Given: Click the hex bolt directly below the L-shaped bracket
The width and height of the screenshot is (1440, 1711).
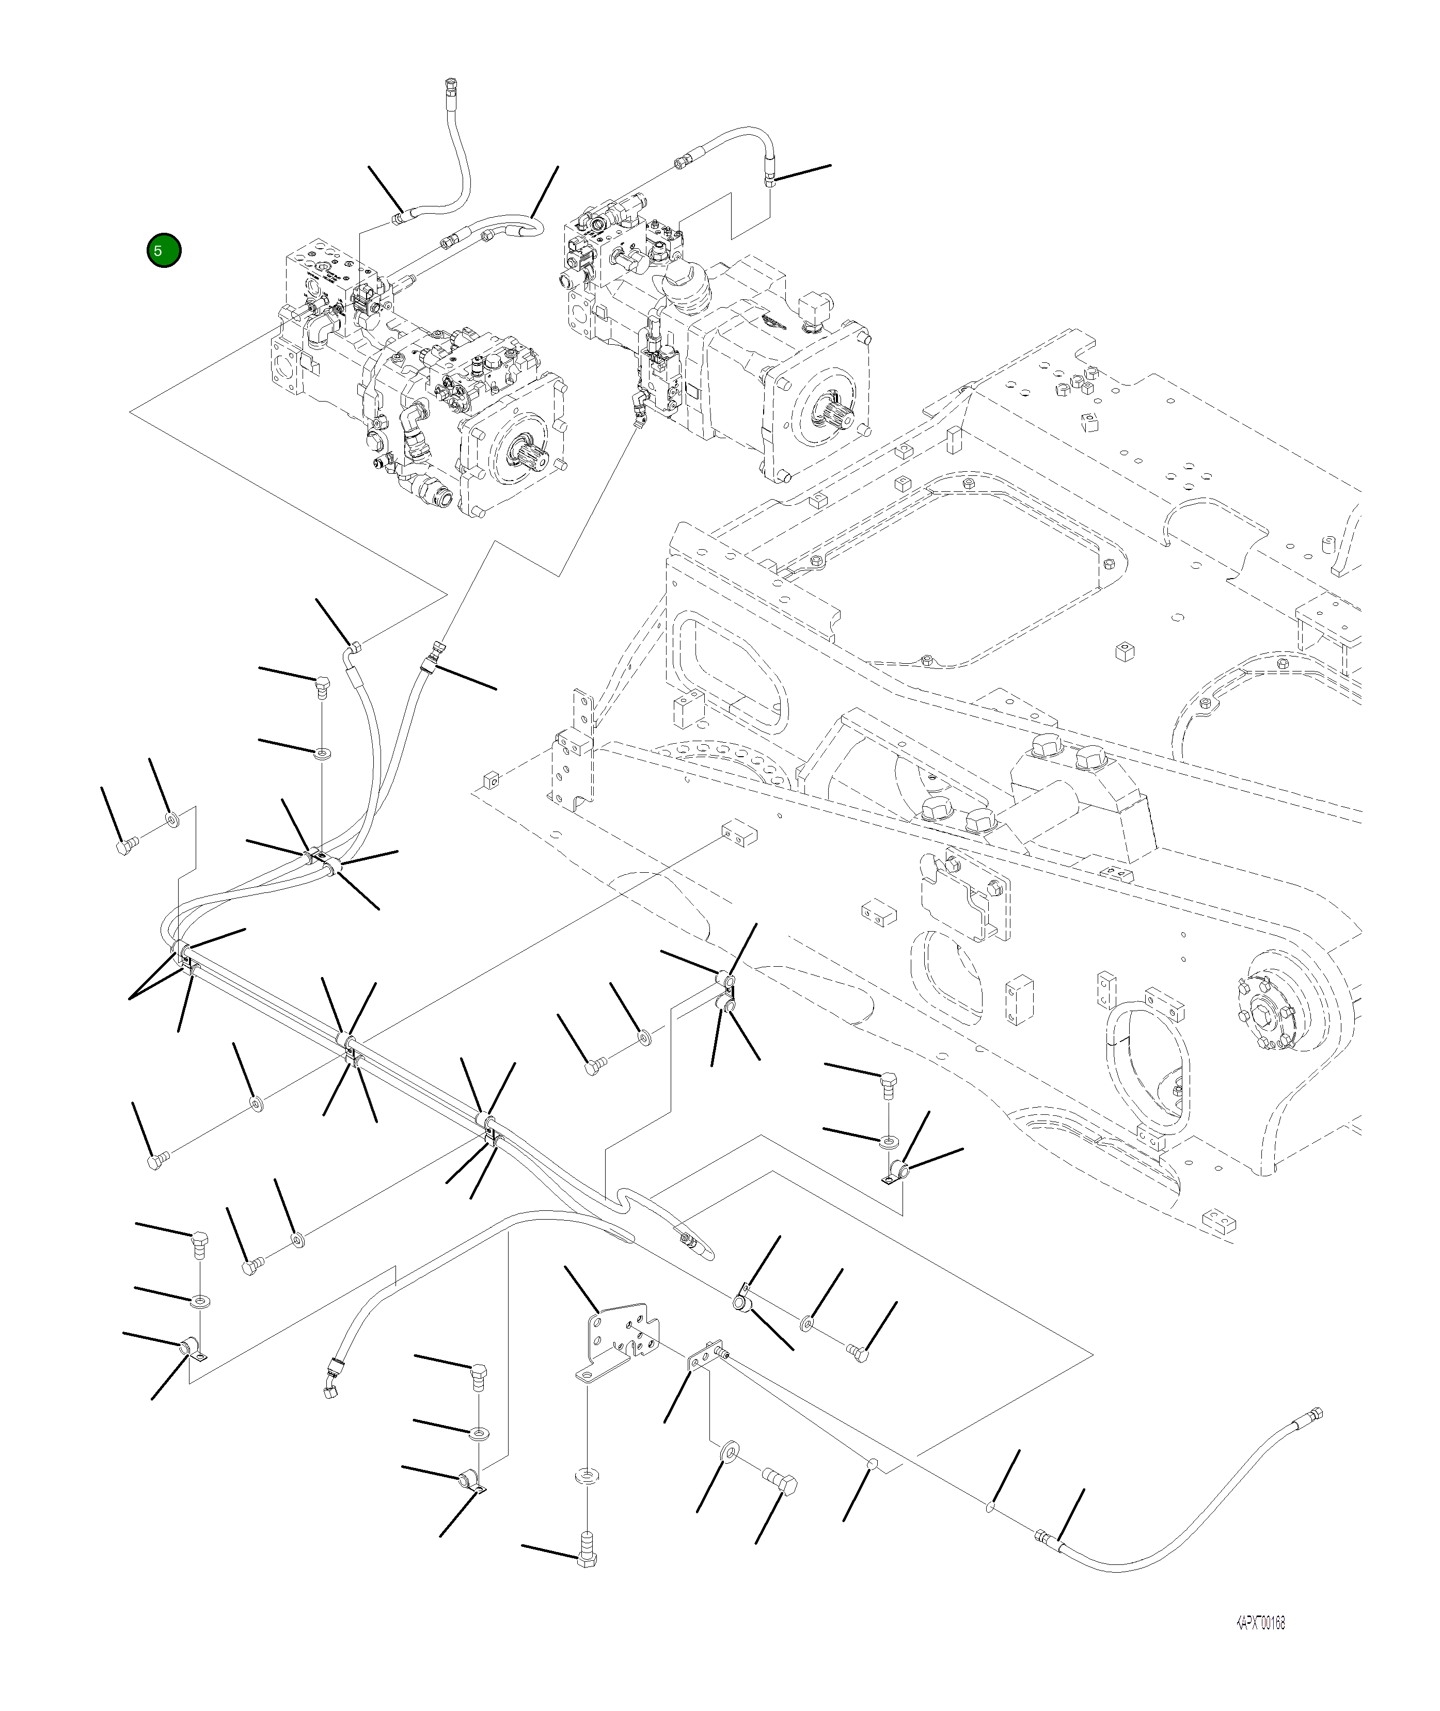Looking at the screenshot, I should pos(586,1558).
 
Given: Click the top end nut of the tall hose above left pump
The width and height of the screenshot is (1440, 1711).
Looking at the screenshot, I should pos(451,84).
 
